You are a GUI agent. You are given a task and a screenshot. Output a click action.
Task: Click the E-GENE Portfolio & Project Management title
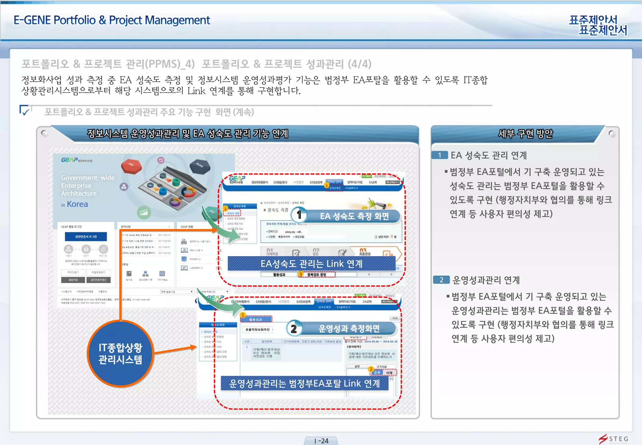tap(112, 20)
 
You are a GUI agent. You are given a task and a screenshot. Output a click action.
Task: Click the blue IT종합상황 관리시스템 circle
tap(120, 354)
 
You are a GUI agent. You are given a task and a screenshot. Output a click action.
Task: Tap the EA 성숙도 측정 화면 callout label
tap(354, 216)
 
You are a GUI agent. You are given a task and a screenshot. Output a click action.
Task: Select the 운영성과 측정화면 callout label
tap(349, 329)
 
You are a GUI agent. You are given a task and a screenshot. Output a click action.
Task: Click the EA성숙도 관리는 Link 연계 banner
tap(311, 264)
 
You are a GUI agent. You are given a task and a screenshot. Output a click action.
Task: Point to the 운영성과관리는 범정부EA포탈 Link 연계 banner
tap(304, 383)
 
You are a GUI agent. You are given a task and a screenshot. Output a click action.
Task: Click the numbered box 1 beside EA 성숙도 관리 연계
tap(439, 155)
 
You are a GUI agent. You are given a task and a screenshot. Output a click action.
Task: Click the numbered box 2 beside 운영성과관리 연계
tap(441, 280)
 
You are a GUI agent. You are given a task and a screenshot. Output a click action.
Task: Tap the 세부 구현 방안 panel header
tap(525, 134)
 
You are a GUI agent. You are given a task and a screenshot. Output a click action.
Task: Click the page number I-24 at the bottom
tap(321, 441)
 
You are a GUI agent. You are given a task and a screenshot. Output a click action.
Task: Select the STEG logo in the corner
tap(614, 439)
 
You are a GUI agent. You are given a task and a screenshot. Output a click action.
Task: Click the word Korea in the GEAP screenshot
tap(77, 204)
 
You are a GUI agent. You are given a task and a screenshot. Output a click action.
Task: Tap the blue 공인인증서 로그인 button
tap(86, 237)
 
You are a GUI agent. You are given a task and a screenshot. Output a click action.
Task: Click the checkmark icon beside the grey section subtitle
tap(25, 111)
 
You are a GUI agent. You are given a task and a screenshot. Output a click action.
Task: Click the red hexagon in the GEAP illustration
tap(131, 165)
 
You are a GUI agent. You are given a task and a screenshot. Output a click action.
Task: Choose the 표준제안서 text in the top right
tap(598, 25)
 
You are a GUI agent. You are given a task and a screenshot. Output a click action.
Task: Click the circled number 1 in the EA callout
tap(299, 215)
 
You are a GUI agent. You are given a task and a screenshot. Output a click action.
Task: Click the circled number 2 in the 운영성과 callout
tap(294, 329)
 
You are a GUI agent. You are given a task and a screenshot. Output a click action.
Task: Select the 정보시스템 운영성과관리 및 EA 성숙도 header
tap(187, 134)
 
